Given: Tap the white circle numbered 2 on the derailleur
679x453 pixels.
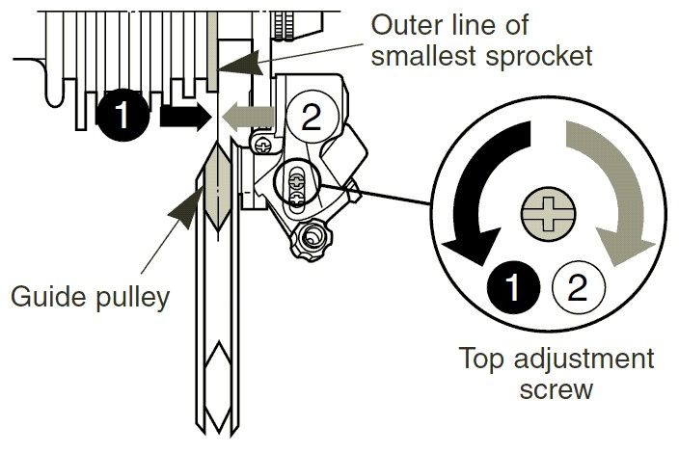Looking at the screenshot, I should (x=308, y=118).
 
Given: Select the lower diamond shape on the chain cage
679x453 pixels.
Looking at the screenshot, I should (x=217, y=367).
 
